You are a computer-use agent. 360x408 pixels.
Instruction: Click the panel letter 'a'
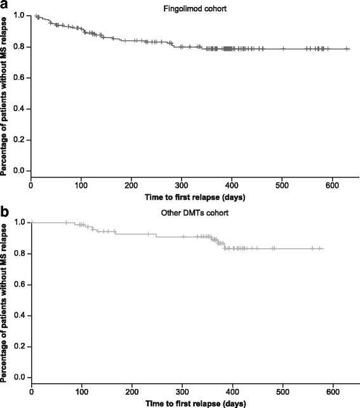point(5,5)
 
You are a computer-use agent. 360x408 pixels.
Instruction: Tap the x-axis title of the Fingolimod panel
point(195,197)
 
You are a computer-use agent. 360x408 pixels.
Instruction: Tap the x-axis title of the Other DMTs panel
point(195,403)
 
